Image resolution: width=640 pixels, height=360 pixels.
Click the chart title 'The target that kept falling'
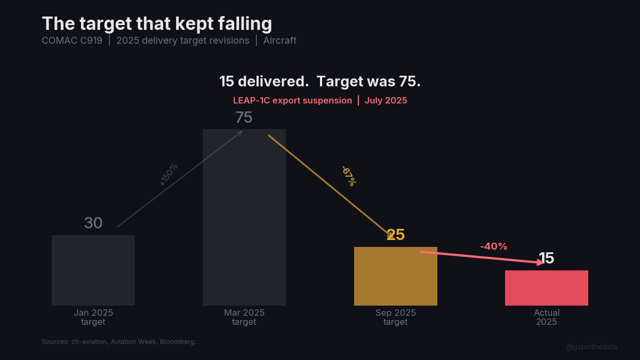[x=157, y=24]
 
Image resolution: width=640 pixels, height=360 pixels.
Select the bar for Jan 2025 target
[x=93, y=270]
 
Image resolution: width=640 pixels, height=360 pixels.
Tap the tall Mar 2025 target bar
[x=244, y=217]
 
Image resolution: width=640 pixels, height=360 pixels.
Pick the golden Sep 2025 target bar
[x=395, y=276]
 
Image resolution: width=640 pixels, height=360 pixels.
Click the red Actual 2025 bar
[x=546, y=288]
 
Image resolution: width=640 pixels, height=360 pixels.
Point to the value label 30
[x=93, y=223]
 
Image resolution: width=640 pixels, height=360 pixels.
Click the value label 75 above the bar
[x=244, y=117]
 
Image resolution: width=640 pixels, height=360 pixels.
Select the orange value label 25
[x=396, y=235]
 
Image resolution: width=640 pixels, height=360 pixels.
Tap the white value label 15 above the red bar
[x=546, y=258]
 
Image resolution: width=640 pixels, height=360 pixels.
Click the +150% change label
[x=169, y=174]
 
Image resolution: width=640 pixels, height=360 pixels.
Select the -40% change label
[x=493, y=246]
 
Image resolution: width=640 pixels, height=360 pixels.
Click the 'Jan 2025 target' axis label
[x=93, y=317]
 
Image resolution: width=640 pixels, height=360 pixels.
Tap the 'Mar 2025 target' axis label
[x=244, y=317]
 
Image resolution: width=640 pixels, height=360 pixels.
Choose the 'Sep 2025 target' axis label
[x=395, y=317]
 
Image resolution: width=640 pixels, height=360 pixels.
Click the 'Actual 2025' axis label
[x=546, y=317]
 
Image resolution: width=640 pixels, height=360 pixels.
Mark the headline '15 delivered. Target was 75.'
[x=320, y=82]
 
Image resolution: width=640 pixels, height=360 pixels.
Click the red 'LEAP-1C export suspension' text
[x=292, y=100]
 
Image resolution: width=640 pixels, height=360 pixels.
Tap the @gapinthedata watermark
[x=591, y=347]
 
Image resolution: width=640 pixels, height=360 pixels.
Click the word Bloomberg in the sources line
[x=177, y=341]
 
